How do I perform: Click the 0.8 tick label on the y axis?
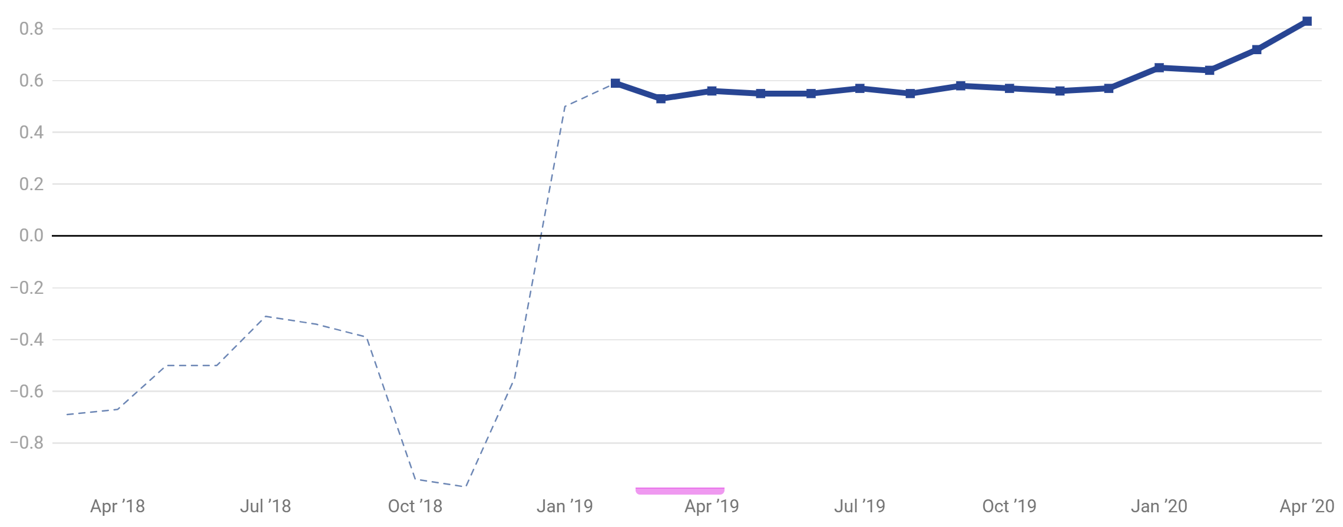(31, 29)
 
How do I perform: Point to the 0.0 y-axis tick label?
(31, 236)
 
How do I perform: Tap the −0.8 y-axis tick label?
(27, 443)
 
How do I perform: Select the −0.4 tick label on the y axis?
(27, 339)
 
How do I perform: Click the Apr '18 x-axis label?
(117, 506)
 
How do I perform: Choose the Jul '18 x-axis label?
(266, 506)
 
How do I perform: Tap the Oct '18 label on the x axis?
(415, 506)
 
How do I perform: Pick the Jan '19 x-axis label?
(564, 506)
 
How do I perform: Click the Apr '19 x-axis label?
(712, 506)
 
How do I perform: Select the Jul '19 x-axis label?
(859, 506)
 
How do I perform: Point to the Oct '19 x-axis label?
(1009, 506)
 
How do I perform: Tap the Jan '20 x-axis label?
(1159, 506)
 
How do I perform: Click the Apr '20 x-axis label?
(1307, 506)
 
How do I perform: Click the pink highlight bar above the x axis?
(680, 490)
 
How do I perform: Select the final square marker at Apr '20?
(1307, 21)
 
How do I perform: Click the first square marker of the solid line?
(616, 83)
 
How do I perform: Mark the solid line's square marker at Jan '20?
(1159, 68)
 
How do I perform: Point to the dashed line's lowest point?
(465, 487)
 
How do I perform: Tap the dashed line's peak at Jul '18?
(266, 316)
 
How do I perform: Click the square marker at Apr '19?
(712, 91)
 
